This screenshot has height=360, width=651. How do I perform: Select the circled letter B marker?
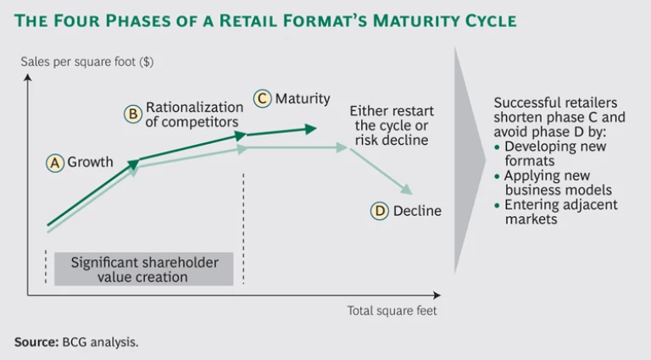click(134, 114)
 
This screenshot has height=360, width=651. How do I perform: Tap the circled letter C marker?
click(263, 99)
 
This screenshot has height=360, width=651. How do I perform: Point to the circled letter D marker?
click(380, 211)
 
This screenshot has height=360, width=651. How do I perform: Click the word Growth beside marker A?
click(90, 163)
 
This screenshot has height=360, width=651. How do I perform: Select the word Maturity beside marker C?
click(303, 99)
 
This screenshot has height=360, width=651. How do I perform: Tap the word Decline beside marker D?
click(417, 211)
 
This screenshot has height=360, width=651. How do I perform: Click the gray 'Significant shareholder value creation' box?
click(144, 269)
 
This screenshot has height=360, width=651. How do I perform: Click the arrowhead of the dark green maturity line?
click(311, 129)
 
